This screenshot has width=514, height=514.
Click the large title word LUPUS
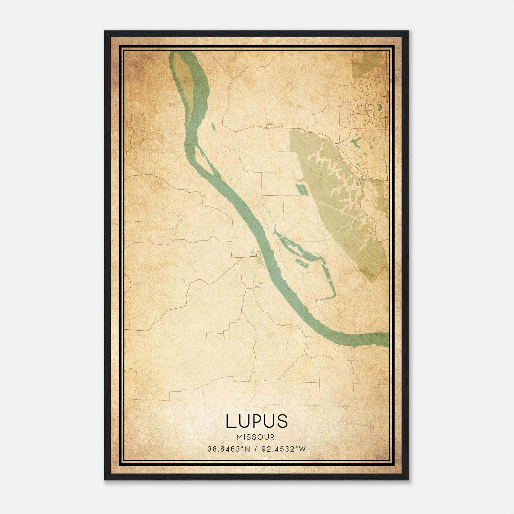(x=256, y=421)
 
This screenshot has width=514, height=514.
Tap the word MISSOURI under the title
(x=256, y=437)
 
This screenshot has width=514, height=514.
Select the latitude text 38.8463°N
(x=229, y=449)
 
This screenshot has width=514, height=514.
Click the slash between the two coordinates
(x=256, y=449)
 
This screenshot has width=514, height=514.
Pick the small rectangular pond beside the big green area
(x=302, y=190)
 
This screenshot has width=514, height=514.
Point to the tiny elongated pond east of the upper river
(x=213, y=127)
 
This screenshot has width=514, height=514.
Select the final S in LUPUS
(x=281, y=421)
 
